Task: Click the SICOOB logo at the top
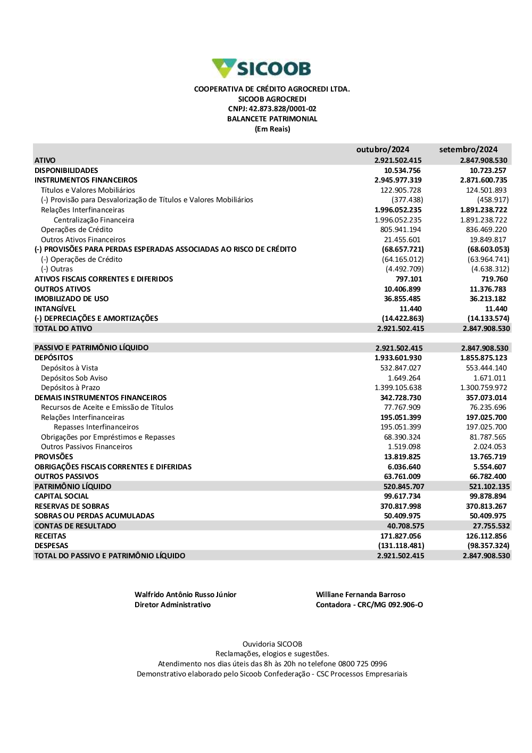point(261,69)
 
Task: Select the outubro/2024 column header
point(383,150)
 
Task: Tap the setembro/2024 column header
point(468,150)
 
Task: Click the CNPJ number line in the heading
point(272,109)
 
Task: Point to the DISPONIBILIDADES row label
point(66,170)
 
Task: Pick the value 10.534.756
point(402,170)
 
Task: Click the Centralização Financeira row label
point(94,220)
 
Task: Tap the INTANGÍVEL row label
point(55,309)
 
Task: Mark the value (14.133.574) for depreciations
point(488,319)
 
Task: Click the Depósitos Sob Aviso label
point(74,378)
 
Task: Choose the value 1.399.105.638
point(398,388)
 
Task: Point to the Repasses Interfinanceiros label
point(96,427)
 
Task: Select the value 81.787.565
point(488,437)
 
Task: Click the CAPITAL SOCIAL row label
point(61,497)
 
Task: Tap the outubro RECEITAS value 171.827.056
point(401,536)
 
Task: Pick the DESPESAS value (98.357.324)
point(488,546)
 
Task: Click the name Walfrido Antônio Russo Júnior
point(185,595)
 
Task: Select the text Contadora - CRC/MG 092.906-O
point(369,605)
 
